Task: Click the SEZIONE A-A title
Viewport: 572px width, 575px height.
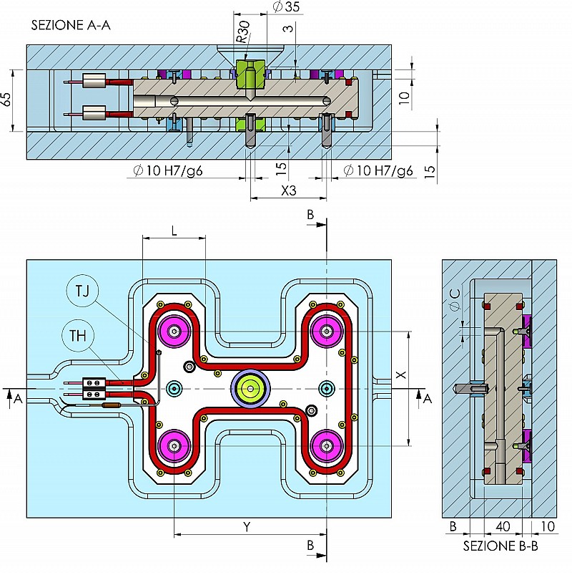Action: (71, 25)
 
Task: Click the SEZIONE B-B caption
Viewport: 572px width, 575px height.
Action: (500, 546)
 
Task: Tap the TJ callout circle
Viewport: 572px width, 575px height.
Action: (82, 291)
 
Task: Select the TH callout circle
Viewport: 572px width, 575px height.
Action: (78, 336)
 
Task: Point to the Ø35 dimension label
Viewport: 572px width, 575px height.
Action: (287, 7)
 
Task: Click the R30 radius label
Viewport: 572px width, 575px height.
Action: (243, 32)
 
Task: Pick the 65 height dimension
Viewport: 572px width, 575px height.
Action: (6, 100)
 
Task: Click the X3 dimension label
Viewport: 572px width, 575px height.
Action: (289, 190)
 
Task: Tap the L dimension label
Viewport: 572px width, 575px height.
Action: (174, 231)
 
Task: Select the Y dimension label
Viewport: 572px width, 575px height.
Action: (247, 527)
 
